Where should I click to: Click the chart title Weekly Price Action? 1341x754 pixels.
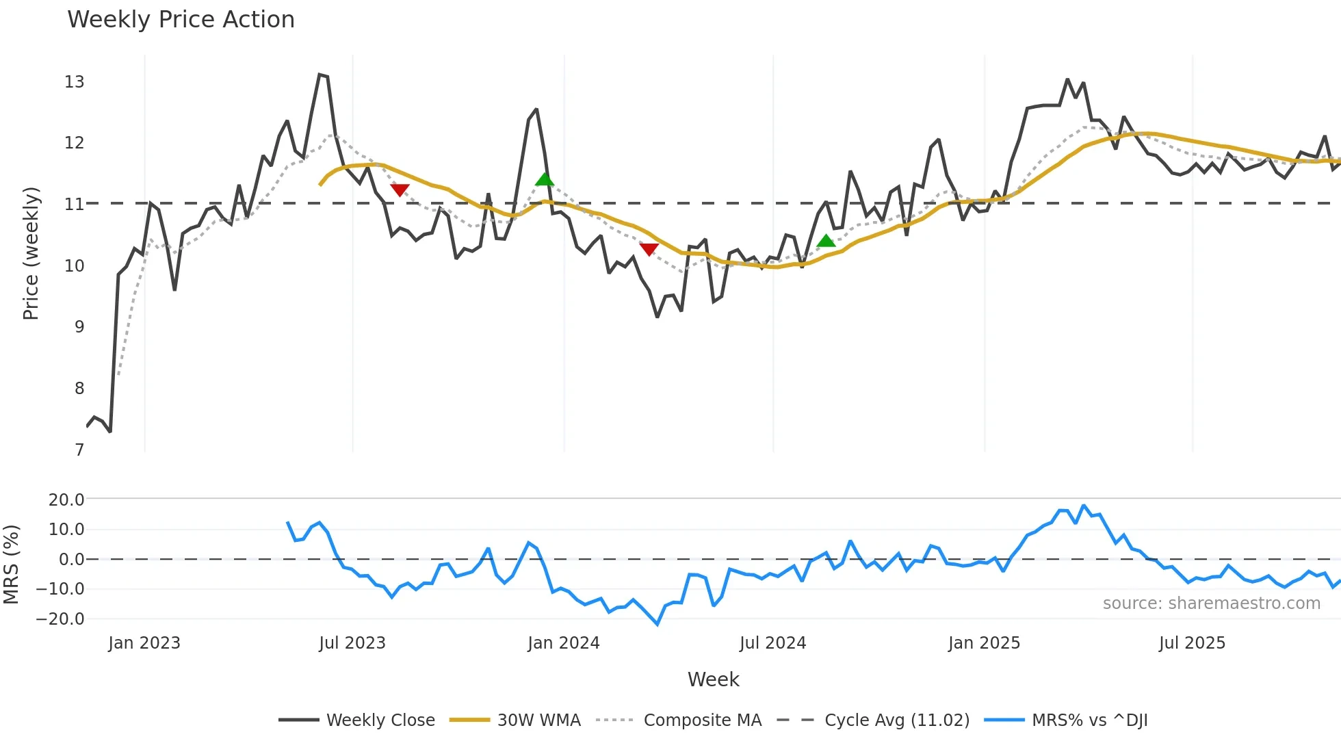point(181,19)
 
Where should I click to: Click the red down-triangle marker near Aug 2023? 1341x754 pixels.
point(400,190)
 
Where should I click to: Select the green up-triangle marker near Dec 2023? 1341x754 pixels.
point(545,179)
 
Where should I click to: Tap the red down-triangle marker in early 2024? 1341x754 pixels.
point(649,249)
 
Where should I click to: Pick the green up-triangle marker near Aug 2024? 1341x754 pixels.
point(826,241)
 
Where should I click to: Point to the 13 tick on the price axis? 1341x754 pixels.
point(74,82)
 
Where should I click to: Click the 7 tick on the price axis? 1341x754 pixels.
point(79,450)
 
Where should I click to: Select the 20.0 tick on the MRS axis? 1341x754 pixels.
point(66,499)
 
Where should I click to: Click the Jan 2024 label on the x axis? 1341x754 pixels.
point(563,643)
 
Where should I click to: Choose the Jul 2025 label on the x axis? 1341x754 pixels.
point(1192,643)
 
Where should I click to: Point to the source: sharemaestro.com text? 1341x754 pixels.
point(1211,603)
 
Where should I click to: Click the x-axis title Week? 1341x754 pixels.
point(713,679)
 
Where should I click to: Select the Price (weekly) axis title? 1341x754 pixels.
point(31,253)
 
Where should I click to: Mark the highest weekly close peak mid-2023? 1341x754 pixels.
point(320,75)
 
